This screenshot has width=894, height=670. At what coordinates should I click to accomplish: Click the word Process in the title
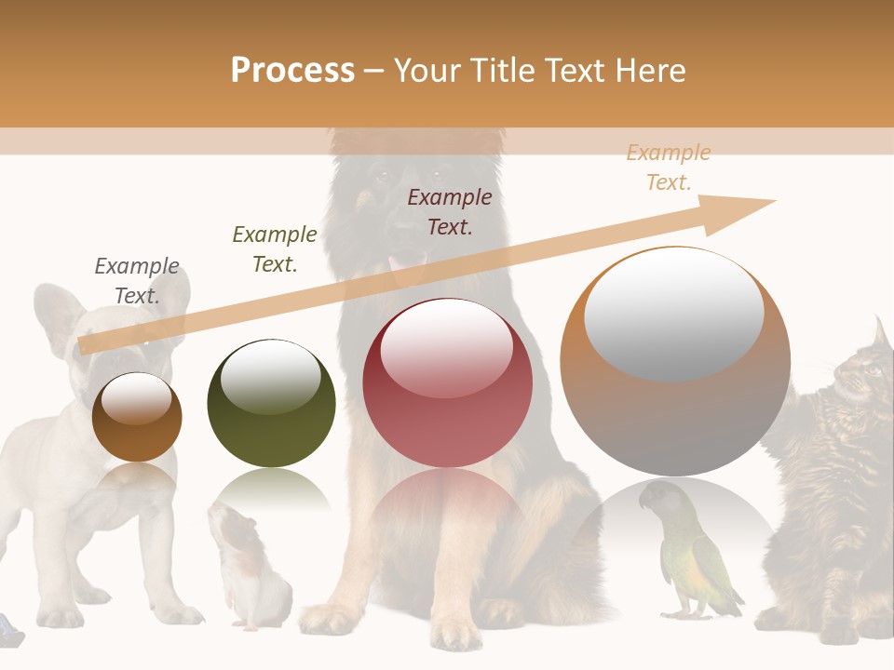click(292, 71)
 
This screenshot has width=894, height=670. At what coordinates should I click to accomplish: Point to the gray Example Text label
click(137, 281)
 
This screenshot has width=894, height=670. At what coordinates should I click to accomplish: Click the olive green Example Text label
click(275, 249)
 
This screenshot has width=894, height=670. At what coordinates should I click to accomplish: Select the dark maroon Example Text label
click(450, 211)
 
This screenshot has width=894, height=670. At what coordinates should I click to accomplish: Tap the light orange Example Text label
click(669, 167)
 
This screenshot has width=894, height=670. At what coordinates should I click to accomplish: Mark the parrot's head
click(657, 498)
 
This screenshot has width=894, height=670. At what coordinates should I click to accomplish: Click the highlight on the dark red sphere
click(446, 347)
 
